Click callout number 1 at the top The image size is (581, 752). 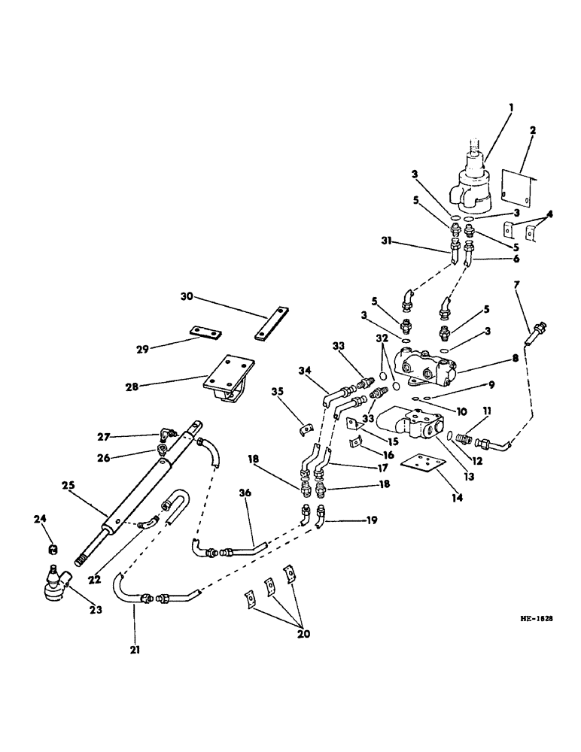pos(510,108)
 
